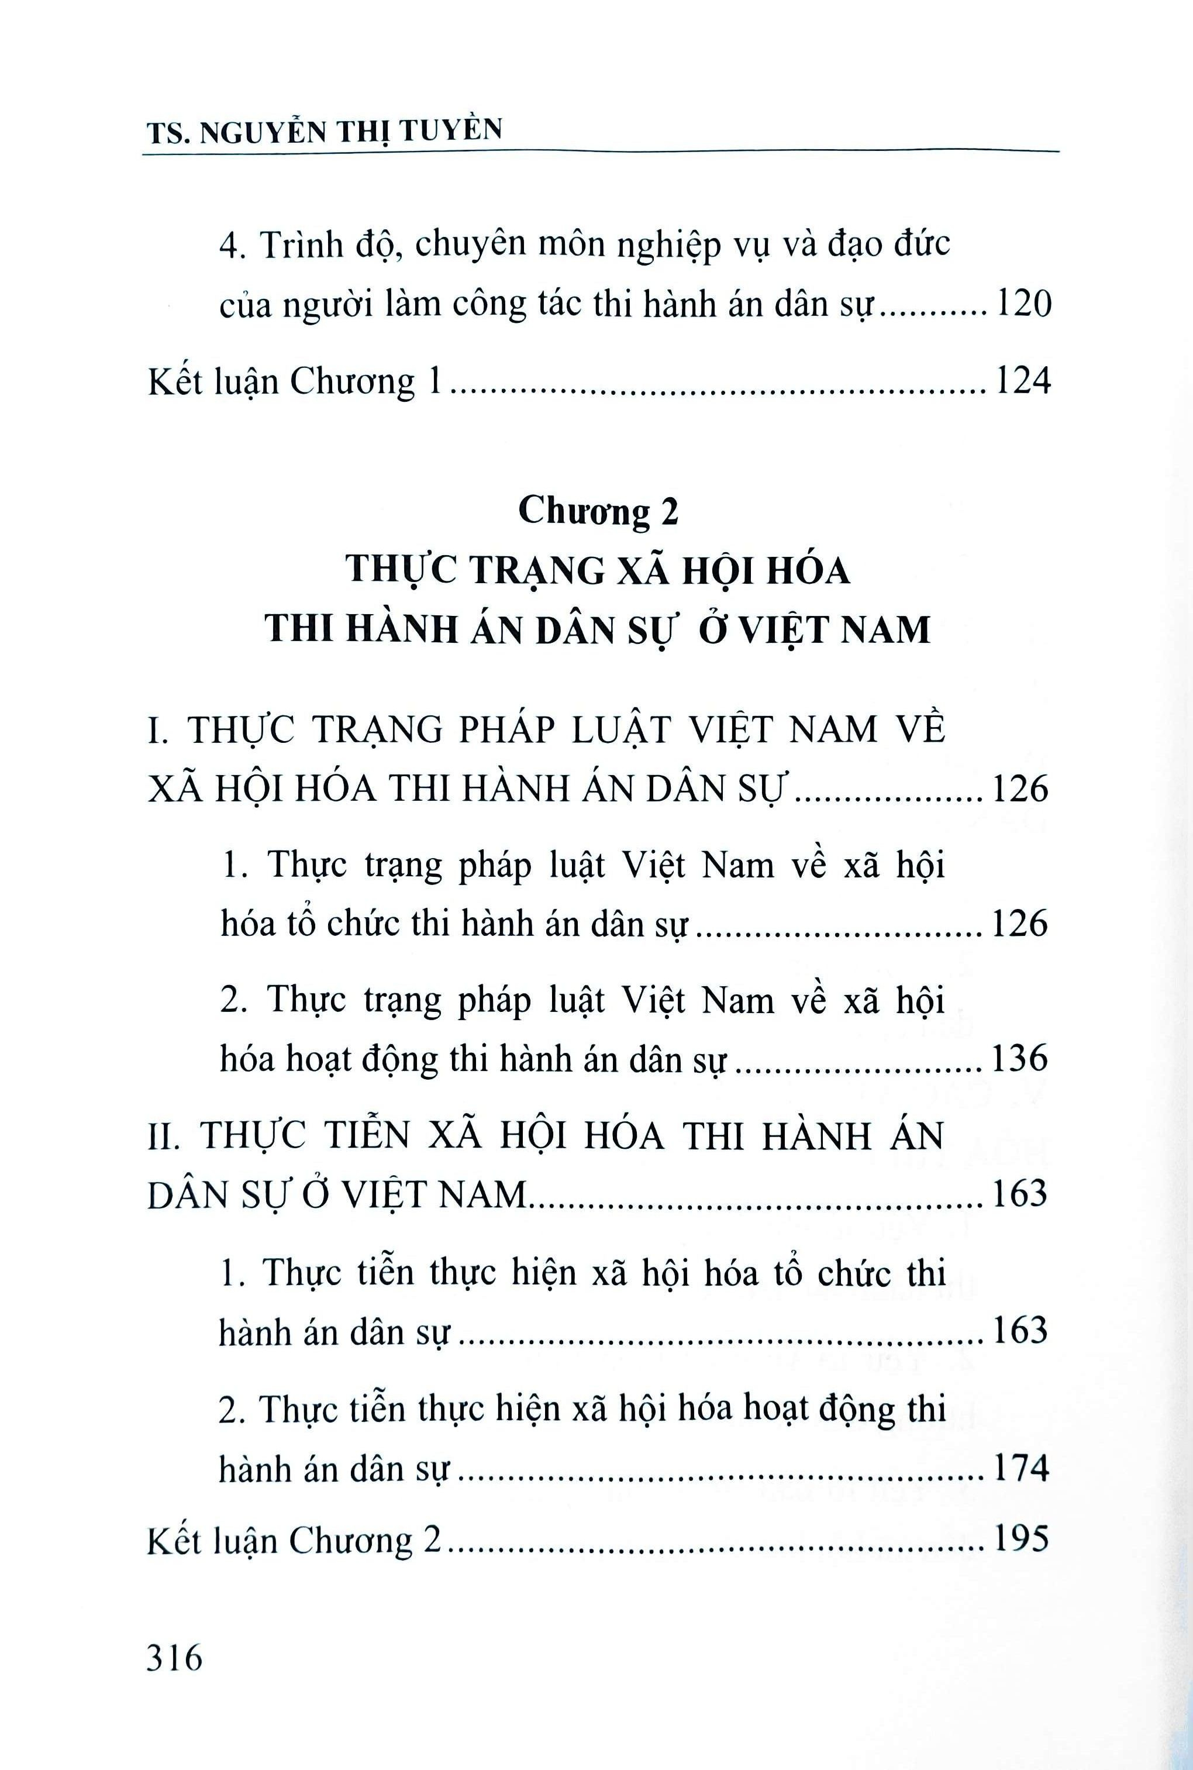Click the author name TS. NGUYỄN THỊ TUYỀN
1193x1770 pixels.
(x=324, y=131)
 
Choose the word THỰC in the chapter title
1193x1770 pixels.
(x=401, y=569)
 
